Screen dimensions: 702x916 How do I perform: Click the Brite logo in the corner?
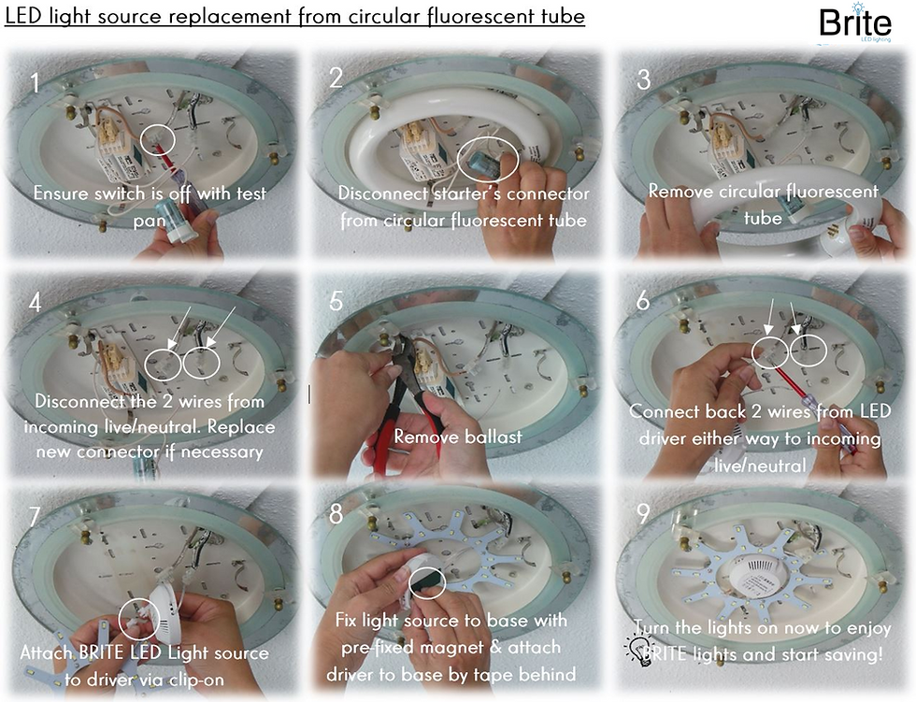tap(854, 25)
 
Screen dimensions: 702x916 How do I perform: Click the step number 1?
tap(35, 83)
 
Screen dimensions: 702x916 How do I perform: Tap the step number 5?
tap(337, 301)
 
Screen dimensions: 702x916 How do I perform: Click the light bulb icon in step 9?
tap(639, 650)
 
